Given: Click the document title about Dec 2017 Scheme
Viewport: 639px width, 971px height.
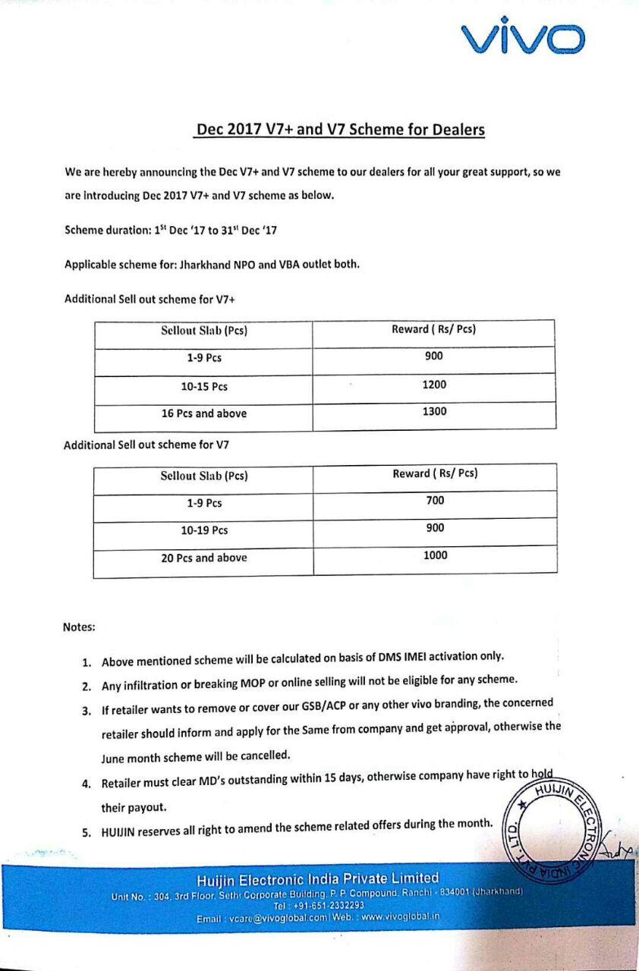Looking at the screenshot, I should click(340, 129).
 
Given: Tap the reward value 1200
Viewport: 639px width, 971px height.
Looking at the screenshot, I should click(434, 385).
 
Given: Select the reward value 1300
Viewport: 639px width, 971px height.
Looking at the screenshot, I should click(434, 411).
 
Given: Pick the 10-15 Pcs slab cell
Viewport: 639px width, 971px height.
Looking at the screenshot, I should click(203, 387).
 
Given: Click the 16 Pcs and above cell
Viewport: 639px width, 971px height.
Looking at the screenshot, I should click(203, 413).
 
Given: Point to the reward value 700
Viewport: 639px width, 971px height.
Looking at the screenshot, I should click(436, 501).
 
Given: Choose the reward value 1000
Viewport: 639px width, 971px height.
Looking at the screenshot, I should click(436, 555).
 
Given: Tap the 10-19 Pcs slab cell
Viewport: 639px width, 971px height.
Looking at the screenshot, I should click(203, 530).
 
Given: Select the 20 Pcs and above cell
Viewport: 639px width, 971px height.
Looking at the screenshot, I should click(203, 558).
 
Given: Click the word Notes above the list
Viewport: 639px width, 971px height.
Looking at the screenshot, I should click(79, 627).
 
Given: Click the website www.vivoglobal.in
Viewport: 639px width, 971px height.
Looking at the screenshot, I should click(401, 916).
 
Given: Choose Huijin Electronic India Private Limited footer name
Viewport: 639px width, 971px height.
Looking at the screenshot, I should click(318, 880).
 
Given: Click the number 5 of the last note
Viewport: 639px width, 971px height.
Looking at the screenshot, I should click(87, 832).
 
